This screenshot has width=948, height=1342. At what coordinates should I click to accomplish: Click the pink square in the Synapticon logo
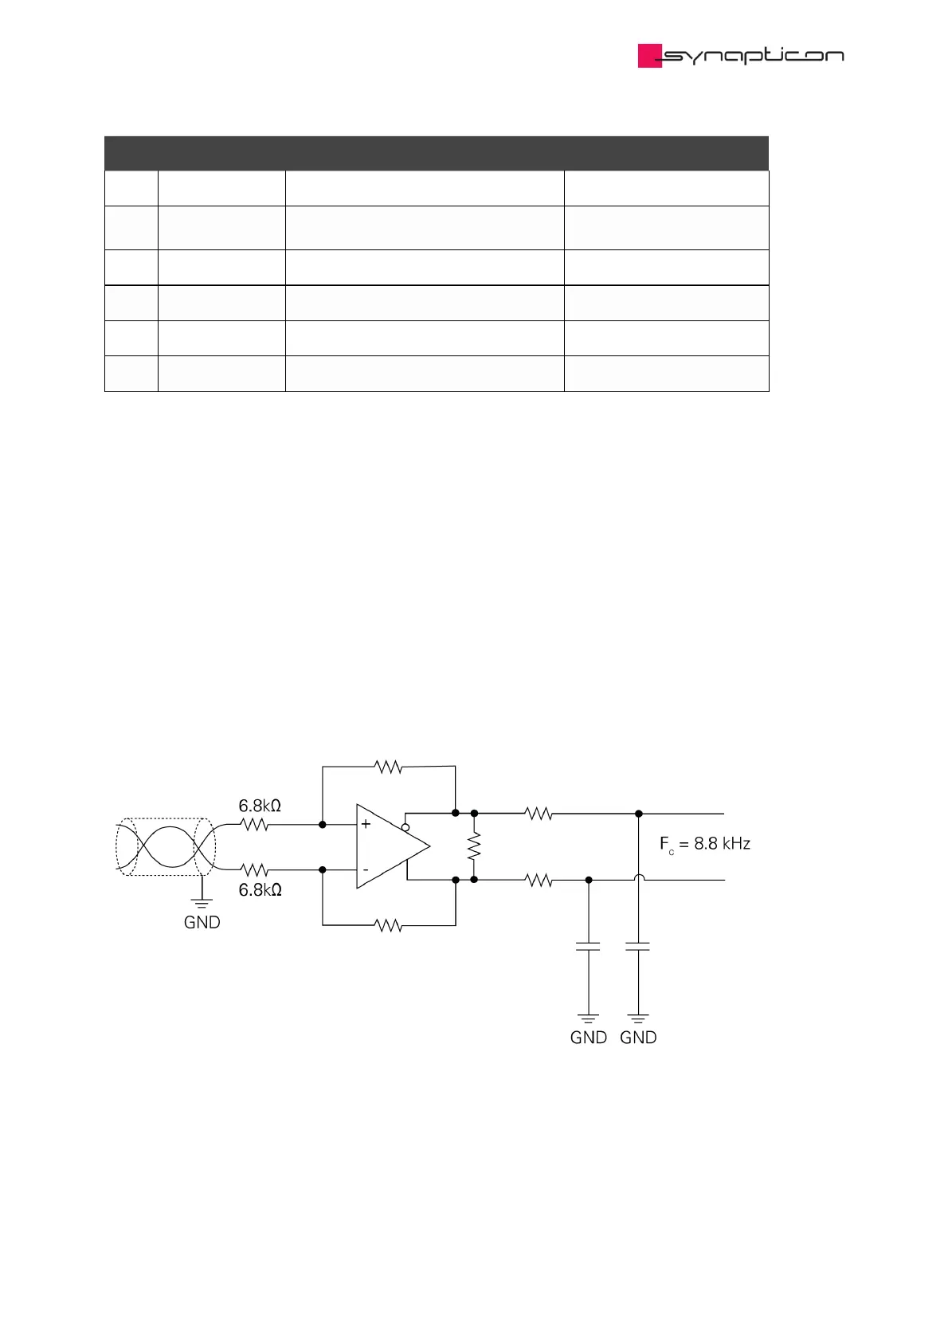(x=649, y=56)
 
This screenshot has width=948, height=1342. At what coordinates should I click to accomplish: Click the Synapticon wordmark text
(x=753, y=56)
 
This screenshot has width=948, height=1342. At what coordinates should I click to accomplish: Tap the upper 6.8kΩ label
(x=260, y=806)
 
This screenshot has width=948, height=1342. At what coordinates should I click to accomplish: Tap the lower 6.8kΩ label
(x=260, y=889)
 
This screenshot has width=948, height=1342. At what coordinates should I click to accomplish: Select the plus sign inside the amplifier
(x=366, y=824)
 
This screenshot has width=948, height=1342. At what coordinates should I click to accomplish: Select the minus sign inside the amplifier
(x=366, y=869)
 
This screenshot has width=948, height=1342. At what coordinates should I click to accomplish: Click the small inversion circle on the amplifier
(x=405, y=827)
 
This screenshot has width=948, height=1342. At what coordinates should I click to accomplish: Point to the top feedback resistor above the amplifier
(x=388, y=767)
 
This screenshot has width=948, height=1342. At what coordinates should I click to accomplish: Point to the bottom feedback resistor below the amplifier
(x=388, y=925)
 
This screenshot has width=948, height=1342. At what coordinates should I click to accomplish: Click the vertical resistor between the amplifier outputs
(x=474, y=846)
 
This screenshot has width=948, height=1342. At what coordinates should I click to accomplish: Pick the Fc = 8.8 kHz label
(x=704, y=844)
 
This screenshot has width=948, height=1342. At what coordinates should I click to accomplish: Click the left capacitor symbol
(x=589, y=946)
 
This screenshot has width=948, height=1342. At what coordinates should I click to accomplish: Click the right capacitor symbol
(x=638, y=946)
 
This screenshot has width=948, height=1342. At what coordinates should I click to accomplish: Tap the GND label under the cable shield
(x=202, y=922)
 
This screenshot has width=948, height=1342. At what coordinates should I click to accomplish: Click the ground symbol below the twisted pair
(x=202, y=903)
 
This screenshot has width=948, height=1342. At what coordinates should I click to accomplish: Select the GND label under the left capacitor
(x=589, y=1038)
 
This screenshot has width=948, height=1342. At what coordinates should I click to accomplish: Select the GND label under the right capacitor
(x=638, y=1038)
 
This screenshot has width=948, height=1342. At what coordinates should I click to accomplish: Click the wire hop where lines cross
(x=639, y=878)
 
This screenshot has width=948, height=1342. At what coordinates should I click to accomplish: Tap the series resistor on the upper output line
(x=539, y=814)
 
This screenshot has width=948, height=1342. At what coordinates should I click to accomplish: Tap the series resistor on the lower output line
(x=539, y=880)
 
